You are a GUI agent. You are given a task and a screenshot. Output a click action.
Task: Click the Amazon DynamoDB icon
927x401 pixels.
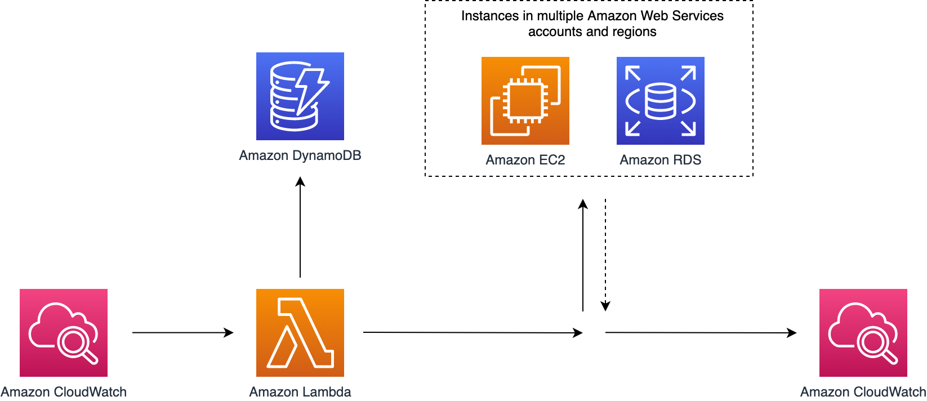click(300, 96)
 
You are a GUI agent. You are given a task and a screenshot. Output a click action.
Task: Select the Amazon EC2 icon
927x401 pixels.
click(525, 101)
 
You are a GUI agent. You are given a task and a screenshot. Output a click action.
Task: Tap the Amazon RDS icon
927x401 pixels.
click(661, 101)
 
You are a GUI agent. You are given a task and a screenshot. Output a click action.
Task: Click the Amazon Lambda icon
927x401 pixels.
click(300, 333)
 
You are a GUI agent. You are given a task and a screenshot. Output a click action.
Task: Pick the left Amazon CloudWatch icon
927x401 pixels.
click(64, 333)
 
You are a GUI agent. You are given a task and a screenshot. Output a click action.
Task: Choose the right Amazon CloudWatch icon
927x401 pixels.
click(863, 333)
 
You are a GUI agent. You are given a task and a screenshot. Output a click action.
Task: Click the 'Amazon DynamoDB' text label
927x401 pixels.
click(300, 155)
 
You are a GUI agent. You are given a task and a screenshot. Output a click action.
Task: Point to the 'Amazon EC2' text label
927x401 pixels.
click(525, 160)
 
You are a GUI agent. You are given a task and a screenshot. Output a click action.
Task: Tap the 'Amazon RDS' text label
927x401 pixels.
click(661, 160)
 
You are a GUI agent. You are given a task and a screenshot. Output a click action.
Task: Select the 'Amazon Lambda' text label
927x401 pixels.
click(300, 392)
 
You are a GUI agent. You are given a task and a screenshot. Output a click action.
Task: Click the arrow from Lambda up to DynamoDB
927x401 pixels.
click(300, 227)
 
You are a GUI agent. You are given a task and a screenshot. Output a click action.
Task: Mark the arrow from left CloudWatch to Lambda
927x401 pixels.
click(183, 332)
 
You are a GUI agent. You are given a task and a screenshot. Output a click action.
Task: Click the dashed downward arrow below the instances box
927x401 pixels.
click(605, 255)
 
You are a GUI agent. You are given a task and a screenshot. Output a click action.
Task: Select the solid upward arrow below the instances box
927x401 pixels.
click(583, 255)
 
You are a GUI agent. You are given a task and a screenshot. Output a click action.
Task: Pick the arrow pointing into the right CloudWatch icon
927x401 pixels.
click(701, 332)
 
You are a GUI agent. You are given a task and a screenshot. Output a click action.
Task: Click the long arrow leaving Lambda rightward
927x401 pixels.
click(473, 332)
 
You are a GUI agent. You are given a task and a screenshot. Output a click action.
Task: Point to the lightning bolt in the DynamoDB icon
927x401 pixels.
click(313, 91)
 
